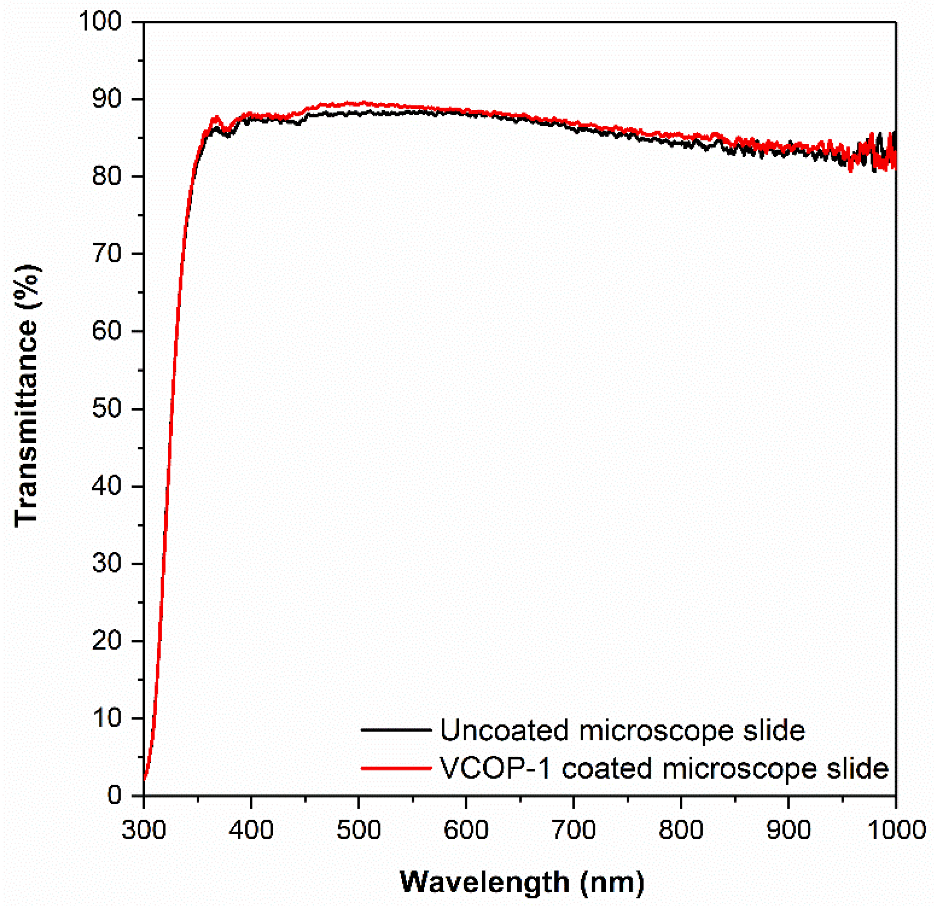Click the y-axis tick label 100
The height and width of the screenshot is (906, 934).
coord(100,22)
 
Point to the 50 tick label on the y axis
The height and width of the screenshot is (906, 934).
coord(106,410)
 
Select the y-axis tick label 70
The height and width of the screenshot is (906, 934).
coord(106,254)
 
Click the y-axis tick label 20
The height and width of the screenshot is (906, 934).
coord(106,641)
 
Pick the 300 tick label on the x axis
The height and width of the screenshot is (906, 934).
coord(143,830)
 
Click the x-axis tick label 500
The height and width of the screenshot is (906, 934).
coord(358,830)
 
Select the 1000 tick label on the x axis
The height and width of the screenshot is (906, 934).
coord(896,830)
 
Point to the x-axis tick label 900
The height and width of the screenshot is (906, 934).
coord(788,830)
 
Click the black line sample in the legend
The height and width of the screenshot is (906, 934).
coord(395,730)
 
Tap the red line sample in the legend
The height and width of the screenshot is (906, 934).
coord(395,768)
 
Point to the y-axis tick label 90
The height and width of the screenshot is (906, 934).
coord(106,99)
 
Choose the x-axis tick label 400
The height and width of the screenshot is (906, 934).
coord(251,830)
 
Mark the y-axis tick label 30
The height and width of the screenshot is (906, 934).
coord(106,564)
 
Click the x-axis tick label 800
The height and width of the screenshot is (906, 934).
coord(681,830)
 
